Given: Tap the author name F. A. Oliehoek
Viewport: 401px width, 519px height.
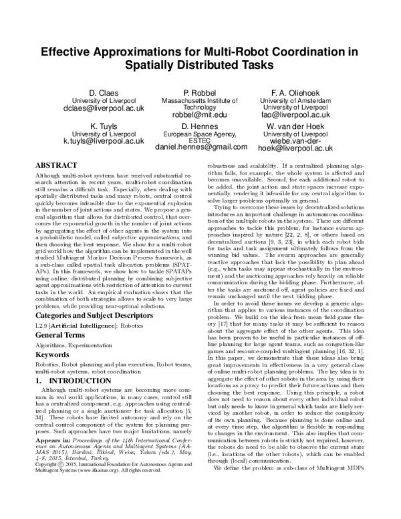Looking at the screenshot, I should coord(297,91).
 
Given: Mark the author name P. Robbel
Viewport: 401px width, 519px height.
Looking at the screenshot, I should coord(200,91).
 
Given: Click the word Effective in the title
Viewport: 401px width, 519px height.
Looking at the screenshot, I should coord(71,51).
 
